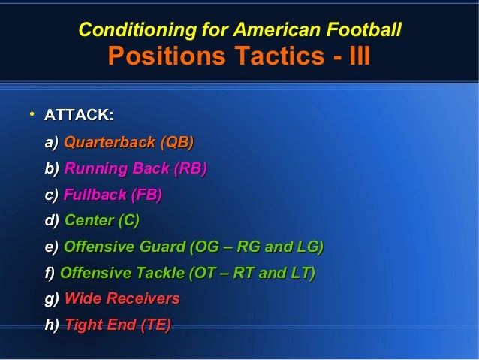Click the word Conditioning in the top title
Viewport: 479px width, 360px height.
pos(125,30)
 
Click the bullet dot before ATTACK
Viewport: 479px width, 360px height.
pos(32,115)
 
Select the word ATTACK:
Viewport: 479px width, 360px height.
pos(79,116)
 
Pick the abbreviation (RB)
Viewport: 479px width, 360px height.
pos(190,168)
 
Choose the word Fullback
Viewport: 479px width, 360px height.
pos(95,195)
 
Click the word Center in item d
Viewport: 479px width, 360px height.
pos(88,221)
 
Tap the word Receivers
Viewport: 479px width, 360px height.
pos(143,299)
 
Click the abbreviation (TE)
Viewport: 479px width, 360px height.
pos(155,325)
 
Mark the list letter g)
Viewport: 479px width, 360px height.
pos(52,299)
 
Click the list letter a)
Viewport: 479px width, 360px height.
pos(52,142)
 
